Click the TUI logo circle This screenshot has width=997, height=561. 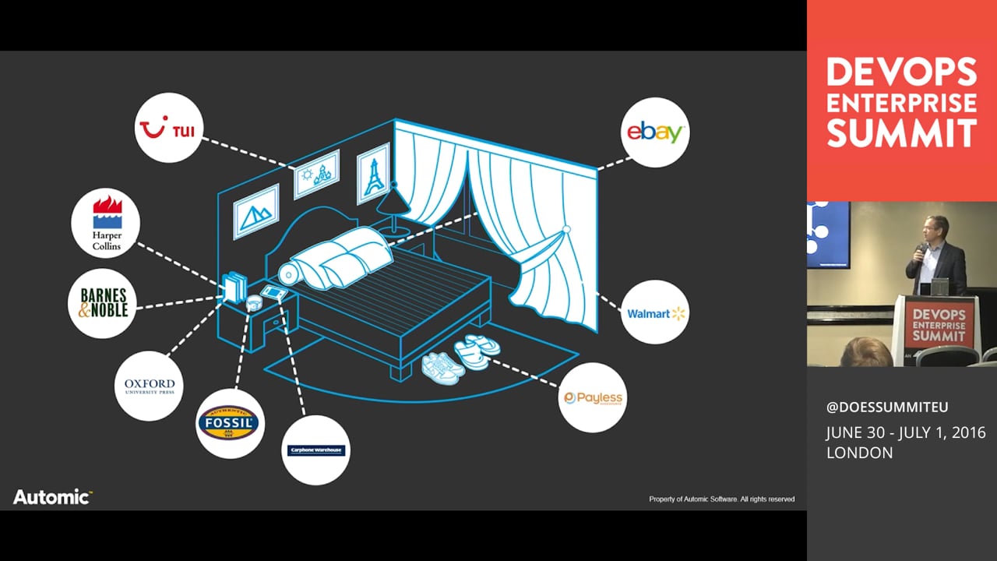[169, 128]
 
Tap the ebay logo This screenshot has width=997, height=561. [656, 132]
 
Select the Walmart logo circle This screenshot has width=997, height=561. [656, 312]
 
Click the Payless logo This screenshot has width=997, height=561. [593, 397]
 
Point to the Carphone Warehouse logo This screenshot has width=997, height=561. [315, 450]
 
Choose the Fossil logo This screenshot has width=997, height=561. [230, 423]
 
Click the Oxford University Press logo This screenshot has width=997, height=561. [150, 386]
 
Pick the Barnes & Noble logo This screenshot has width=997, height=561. [104, 303]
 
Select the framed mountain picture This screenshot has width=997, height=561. [256, 211]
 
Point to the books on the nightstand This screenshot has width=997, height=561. [234, 287]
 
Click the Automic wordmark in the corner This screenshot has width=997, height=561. [52, 497]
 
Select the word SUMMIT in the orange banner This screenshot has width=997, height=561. [901, 133]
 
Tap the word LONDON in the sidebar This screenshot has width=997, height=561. [860, 453]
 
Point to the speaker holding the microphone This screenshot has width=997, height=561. [935, 257]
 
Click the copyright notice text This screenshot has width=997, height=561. [721, 499]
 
